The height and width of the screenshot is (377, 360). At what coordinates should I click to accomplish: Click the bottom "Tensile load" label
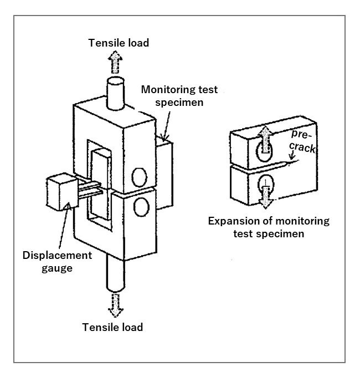click(112, 327)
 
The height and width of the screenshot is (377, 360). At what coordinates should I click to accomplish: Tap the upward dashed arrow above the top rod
click(115, 62)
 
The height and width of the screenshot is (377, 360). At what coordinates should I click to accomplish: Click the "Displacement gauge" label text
click(56, 262)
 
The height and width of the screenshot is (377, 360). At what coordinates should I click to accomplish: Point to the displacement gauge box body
click(60, 192)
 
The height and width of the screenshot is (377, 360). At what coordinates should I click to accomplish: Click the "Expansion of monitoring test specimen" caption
click(268, 227)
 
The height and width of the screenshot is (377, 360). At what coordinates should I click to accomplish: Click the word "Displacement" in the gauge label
click(56, 256)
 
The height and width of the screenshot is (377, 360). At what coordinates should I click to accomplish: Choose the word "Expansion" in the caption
click(234, 221)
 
